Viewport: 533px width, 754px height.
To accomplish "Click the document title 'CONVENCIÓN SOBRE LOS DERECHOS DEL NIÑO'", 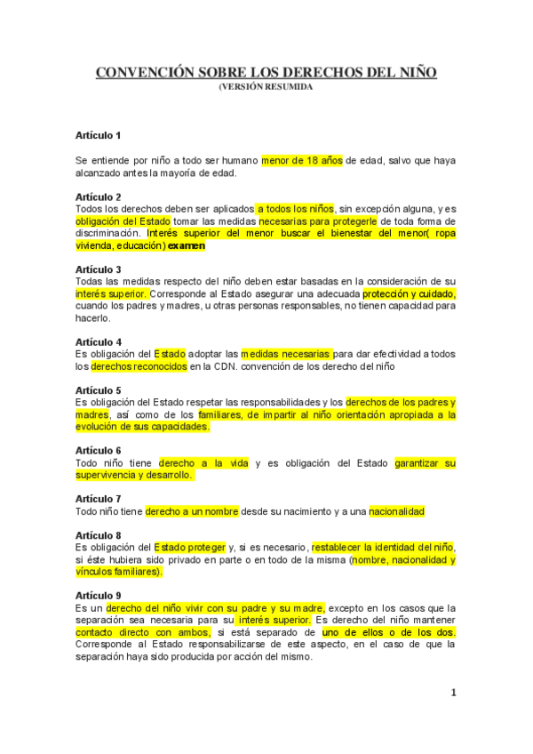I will [x=266, y=72].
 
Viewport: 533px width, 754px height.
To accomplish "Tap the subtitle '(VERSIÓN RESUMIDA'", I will [x=266, y=87].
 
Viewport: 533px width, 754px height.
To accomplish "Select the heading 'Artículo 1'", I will [x=98, y=136].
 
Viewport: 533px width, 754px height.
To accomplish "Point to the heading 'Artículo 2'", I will [x=98, y=197].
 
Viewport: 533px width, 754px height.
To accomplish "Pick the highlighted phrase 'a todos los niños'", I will [x=296, y=208].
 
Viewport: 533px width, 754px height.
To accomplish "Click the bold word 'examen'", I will [x=187, y=245].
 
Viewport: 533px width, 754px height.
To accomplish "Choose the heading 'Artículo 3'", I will [x=98, y=269].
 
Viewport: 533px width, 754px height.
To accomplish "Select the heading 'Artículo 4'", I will [x=98, y=341].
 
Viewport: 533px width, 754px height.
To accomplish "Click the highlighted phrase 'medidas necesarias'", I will [x=286, y=354].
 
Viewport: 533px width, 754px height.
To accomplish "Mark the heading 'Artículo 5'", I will [x=98, y=390].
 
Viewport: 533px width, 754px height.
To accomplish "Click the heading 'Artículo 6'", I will [x=98, y=451].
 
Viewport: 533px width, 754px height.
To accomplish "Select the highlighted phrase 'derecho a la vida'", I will [x=203, y=463].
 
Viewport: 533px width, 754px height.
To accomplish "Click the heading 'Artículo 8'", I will [x=98, y=535].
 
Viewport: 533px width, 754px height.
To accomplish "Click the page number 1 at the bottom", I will [x=453, y=694].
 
